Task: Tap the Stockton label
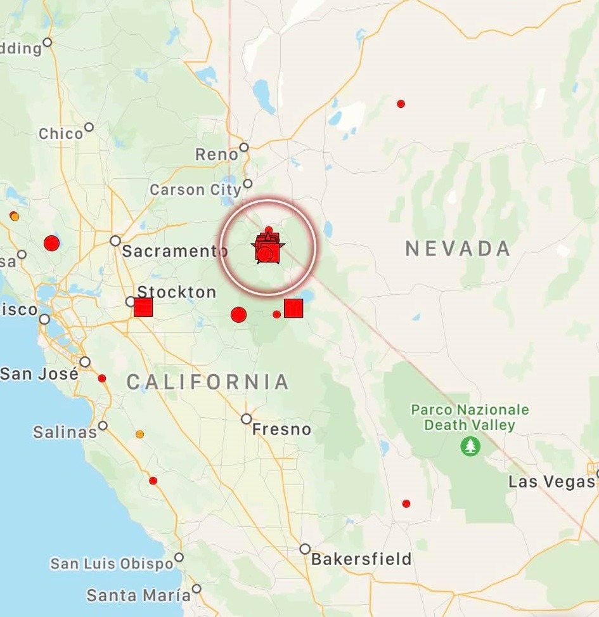coord(177,292)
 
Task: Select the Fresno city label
coord(281,430)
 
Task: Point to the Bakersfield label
coord(361,559)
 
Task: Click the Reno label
coord(217,154)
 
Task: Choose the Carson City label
coord(195,190)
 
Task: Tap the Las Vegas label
coord(551,482)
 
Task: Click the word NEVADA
coord(458,249)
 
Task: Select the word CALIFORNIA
coord(208,382)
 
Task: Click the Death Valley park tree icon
coord(470,446)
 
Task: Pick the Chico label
coord(61,134)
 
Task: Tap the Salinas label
coord(65,432)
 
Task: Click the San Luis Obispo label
coord(112,564)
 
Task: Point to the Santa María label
coord(138,595)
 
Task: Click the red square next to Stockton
coord(143,308)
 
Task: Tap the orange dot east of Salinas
coord(139,434)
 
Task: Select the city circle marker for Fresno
coord(247,419)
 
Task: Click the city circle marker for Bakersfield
coord(305,549)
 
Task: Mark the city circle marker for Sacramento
coord(115,241)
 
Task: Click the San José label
coord(39,373)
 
